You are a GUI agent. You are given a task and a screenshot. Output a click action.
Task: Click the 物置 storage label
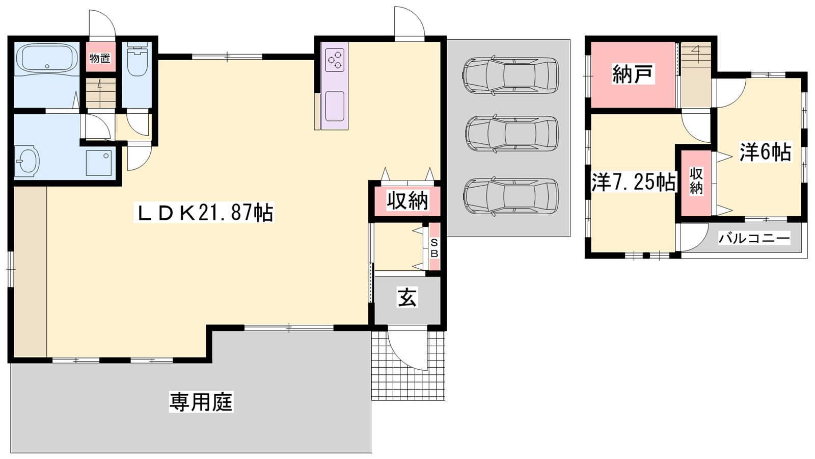click(x=100, y=58)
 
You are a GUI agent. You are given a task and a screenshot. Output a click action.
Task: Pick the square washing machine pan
click(x=99, y=163)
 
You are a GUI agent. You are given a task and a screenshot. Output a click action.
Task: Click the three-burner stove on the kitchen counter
click(x=335, y=60)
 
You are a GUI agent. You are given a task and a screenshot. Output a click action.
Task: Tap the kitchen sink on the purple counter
click(x=335, y=106)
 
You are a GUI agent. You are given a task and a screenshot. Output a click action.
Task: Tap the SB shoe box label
click(x=434, y=248)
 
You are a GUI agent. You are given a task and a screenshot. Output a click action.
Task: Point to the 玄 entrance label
click(x=407, y=297)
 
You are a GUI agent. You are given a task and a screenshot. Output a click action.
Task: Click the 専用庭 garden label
click(x=201, y=402)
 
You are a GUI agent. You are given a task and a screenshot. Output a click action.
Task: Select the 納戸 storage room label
click(x=633, y=74)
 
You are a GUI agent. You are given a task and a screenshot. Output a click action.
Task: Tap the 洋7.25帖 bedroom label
click(x=634, y=182)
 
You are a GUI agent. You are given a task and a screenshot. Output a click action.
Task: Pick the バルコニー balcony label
click(x=754, y=239)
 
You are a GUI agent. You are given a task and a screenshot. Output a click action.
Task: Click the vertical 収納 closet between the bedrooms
click(x=696, y=182)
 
